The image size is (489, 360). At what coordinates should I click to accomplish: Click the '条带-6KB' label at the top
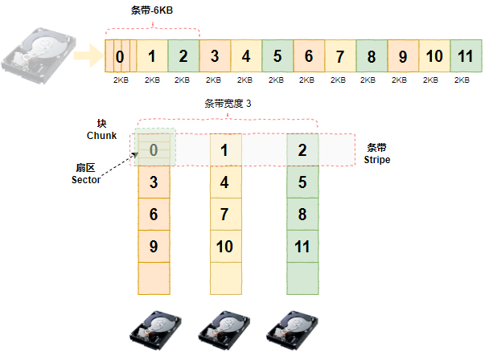(x=151, y=10)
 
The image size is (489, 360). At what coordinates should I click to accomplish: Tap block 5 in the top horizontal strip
(x=277, y=56)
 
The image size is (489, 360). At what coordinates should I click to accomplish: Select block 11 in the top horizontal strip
(x=466, y=56)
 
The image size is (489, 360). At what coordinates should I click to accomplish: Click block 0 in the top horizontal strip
(x=121, y=56)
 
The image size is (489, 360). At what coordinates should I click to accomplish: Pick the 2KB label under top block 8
(x=368, y=80)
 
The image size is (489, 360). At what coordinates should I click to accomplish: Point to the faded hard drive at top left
(x=39, y=55)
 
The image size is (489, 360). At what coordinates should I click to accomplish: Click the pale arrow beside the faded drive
(x=88, y=55)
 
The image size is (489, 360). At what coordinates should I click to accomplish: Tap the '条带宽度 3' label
(x=228, y=104)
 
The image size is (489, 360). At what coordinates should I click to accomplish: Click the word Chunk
(x=101, y=136)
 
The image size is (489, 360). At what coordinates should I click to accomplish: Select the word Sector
(x=86, y=180)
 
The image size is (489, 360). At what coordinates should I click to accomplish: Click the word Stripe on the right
(x=377, y=160)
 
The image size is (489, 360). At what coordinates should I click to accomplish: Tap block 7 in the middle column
(x=226, y=214)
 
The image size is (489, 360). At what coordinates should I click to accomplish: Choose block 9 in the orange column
(x=154, y=246)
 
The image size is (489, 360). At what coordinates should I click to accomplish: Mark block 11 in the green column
(x=302, y=246)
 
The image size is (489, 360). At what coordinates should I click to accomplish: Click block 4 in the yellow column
(x=226, y=182)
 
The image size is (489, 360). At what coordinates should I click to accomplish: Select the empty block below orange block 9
(x=154, y=278)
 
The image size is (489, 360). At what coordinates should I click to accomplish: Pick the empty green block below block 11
(x=302, y=278)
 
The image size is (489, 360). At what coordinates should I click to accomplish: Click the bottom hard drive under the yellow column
(x=224, y=330)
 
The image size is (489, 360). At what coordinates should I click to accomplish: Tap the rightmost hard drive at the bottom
(x=292, y=330)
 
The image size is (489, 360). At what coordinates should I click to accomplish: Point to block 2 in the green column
(x=302, y=150)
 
